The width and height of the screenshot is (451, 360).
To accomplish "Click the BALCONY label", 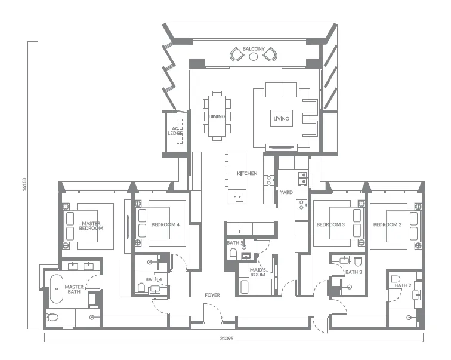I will (254, 48).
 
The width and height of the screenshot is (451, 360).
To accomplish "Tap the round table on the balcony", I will (254, 57).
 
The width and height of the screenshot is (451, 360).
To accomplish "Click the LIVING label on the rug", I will (281, 119).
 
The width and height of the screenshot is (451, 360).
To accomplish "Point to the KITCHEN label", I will (247, 173).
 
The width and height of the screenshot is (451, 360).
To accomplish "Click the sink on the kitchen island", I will (239, 195).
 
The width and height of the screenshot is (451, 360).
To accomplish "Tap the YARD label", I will (286, 192).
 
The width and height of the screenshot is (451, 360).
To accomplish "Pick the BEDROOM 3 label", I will (330, 225).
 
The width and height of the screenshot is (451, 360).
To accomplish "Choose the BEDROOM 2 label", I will (387, 225).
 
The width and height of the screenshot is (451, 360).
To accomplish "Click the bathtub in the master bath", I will (57, 289).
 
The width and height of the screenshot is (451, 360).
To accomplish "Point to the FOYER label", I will (213, 295).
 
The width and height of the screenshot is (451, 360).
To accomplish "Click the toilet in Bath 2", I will (394, 279).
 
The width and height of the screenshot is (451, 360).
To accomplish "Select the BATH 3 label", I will (354, 272).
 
